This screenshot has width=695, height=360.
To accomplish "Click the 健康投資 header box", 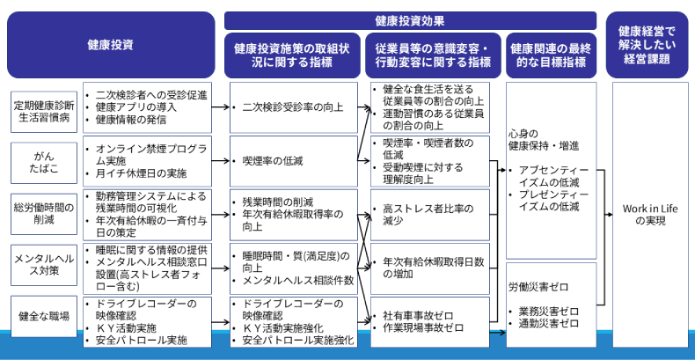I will (x=111, y=44).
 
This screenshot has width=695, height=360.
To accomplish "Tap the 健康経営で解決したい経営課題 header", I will (x=647, y=44).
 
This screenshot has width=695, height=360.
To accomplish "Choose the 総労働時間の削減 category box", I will (x=44, y=212).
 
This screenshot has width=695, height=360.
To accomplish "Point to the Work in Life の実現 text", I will (x=647, y=215).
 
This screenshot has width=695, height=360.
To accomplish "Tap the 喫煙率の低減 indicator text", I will (x=278, y=160).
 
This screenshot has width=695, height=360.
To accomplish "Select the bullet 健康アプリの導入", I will (x=135, y=107).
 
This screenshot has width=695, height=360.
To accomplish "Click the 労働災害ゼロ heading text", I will (x=538, y=286).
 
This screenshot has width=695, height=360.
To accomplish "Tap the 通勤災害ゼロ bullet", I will (x=549, y=323).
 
